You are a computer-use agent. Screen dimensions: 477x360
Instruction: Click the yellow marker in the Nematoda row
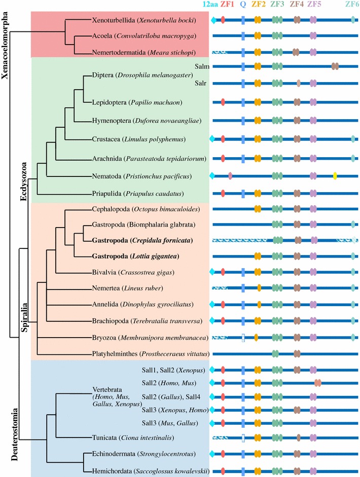[335, 176]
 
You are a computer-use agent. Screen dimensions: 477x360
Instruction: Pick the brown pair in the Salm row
[335, 66]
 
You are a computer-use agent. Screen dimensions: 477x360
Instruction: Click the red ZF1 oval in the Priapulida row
[224, 193]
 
